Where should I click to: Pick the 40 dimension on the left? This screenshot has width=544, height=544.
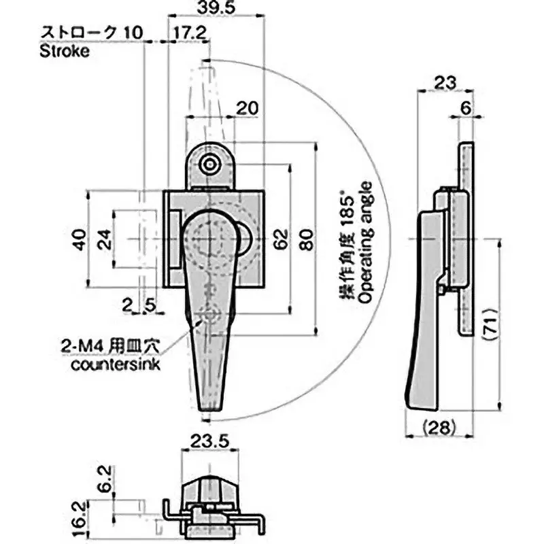(x=80, y=239)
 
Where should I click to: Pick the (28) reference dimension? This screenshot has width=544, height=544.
(x=438, y=427)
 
